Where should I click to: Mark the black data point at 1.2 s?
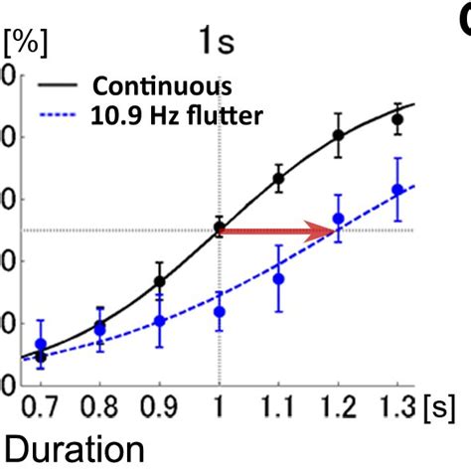point(339,135)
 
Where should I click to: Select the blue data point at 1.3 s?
point(398,189)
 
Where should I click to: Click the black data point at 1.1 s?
point(279,179)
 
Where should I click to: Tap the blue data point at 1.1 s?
point(279,278)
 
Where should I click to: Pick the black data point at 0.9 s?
point(159,281)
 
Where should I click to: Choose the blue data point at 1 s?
point(220,311)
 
